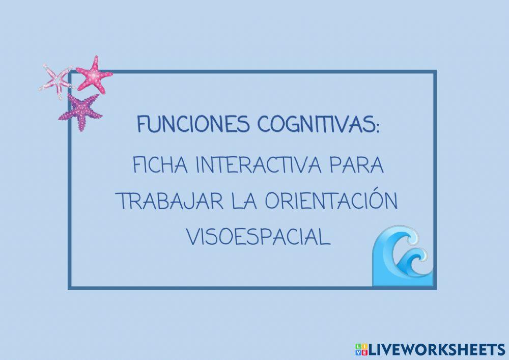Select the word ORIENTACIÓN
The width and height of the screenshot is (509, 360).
coord(331,203)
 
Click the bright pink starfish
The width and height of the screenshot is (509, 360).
coord(95,75)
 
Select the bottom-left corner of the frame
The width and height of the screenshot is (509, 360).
coord(69,288)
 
